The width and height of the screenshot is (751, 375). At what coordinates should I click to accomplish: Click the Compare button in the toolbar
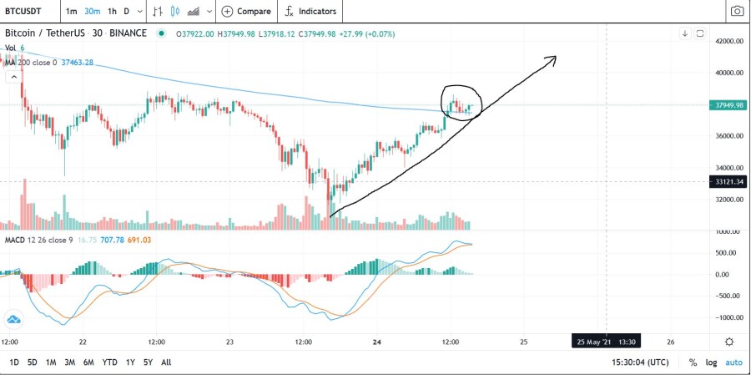point(247,11)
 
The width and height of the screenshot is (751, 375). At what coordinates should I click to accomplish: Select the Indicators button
point(310,11)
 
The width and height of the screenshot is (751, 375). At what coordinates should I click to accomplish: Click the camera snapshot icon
point(737,11)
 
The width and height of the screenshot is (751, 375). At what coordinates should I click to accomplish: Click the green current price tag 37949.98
point(728,105)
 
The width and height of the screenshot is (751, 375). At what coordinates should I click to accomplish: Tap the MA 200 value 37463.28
point(77,63)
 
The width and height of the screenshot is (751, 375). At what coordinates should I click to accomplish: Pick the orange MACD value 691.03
point(140,240)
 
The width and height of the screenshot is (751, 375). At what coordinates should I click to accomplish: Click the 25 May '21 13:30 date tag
point(607,342)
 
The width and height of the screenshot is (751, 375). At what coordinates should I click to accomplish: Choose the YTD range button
point(109,362)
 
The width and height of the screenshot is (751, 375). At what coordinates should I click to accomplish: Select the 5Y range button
point(148,362)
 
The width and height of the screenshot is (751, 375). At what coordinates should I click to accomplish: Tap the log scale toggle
point(711,362)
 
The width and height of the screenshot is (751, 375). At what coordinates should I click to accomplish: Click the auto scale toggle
point(733,362)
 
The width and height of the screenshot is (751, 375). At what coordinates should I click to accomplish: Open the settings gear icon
point(729,342)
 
